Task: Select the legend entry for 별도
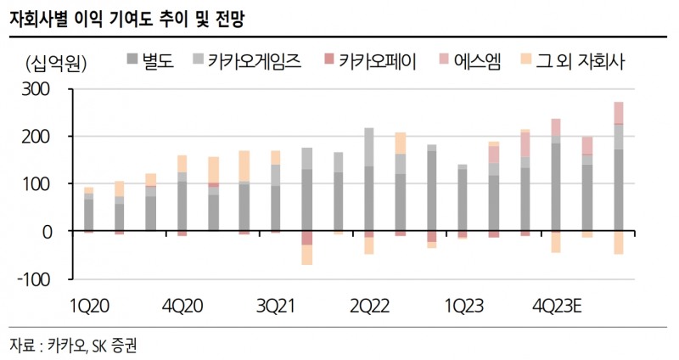pyautogui.click(x=152, y=62)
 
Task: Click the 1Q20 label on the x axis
pyautogui.click(x=87, y=303)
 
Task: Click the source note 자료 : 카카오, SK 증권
pyautogui.click(x=73, y=345)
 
